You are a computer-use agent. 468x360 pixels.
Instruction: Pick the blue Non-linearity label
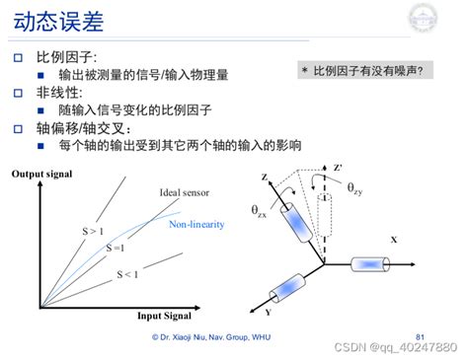(196, 225)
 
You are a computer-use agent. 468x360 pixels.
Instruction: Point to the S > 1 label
(93, 232)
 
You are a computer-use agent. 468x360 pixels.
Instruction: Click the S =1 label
(116, 248)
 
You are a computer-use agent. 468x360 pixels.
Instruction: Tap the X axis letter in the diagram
(393, 240)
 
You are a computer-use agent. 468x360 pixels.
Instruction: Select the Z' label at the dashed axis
(339, 168)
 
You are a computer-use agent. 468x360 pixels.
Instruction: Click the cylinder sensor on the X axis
(368, 264)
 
